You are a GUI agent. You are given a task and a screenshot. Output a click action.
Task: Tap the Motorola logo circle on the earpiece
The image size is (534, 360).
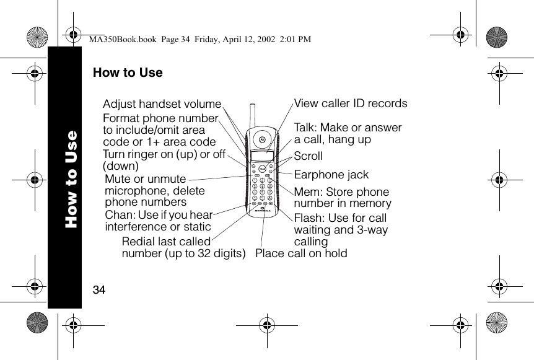pyautogui.click(x=262, y=139)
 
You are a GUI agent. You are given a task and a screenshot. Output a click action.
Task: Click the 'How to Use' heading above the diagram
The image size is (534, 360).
pyautogui.click(x=128, y=72)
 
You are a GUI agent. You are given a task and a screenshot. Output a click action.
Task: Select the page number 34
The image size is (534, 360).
pyautogui.click(x=98, y=289)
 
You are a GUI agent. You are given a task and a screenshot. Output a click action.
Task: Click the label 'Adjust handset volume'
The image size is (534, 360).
pyautogui.click(x=162, y=103)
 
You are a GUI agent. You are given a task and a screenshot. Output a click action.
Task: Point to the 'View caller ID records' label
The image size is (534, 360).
pyautogui.click(x=351, y=103)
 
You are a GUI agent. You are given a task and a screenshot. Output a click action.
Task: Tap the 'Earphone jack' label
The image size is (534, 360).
pyautogui.click(x=331, y=175)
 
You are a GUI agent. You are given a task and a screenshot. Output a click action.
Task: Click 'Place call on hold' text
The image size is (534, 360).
pyautogui.click(x=301, y=253)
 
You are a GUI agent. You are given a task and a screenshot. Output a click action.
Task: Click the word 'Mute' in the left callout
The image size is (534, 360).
pyautogui.click(x=118, y=179)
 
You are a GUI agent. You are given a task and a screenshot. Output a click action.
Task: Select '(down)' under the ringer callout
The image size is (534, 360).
pyautogui.click(x=120, y=166)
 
